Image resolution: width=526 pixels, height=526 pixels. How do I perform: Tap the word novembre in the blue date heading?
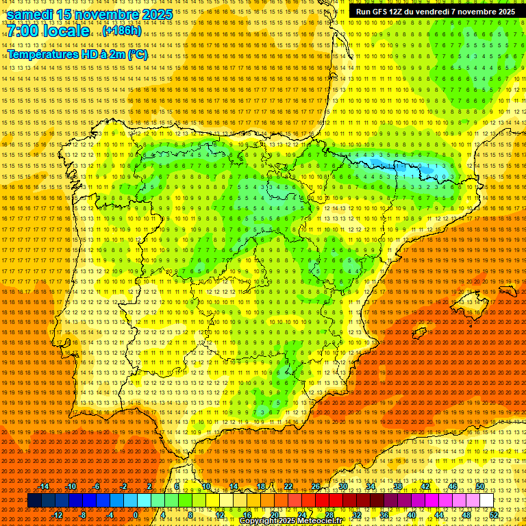coord(110,14)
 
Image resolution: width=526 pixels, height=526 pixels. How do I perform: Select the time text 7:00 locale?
coord(48,31)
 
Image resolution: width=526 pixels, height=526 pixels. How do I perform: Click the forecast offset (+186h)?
coord(122,31)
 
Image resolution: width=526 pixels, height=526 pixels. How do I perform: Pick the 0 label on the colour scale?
coord(136,515)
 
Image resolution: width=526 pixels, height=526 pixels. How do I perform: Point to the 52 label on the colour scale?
coord(494,515)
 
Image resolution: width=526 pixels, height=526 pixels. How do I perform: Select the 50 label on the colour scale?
coord(480,486)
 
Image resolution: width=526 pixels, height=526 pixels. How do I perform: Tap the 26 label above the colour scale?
coord(316,486)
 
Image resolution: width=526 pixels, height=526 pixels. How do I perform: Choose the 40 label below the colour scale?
coord(412,515)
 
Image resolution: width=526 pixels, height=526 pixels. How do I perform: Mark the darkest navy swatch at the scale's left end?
coord(34,501)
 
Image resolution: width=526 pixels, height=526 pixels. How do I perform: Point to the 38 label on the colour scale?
coord(398,486)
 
